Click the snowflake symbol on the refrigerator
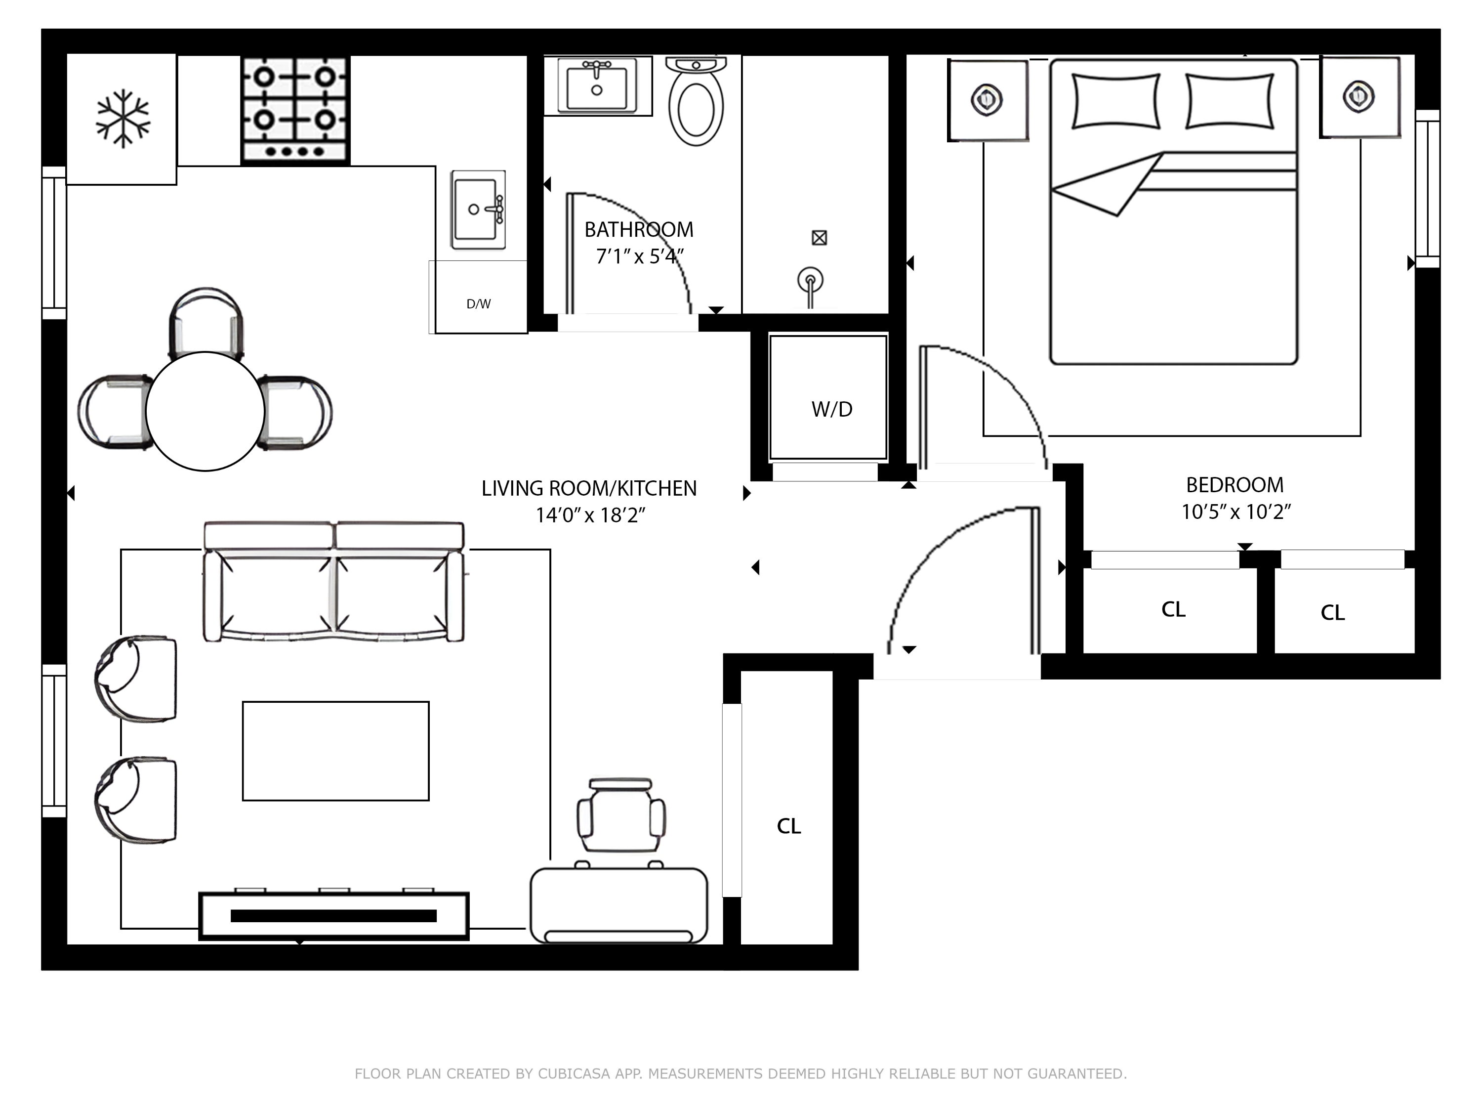click(x=123, y=118)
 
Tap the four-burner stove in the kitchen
click(x=295, y=110)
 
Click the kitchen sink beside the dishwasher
click(x=478, y=209)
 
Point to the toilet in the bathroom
click(x=696, y=104)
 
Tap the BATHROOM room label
click(x=638, y=230)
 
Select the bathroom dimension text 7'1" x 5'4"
click(x=638, y=257)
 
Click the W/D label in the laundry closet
click(x=831, y=409)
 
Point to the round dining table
click(x=205, y=411)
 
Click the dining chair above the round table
click(x=206, y=322)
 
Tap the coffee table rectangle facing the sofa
click(x=335, y=751)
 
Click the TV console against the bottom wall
click(x=333, y=916)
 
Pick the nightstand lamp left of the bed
click(x=986, y=100)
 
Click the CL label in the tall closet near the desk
click(x=788, y=826)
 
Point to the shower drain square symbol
click(x=819, y=238)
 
